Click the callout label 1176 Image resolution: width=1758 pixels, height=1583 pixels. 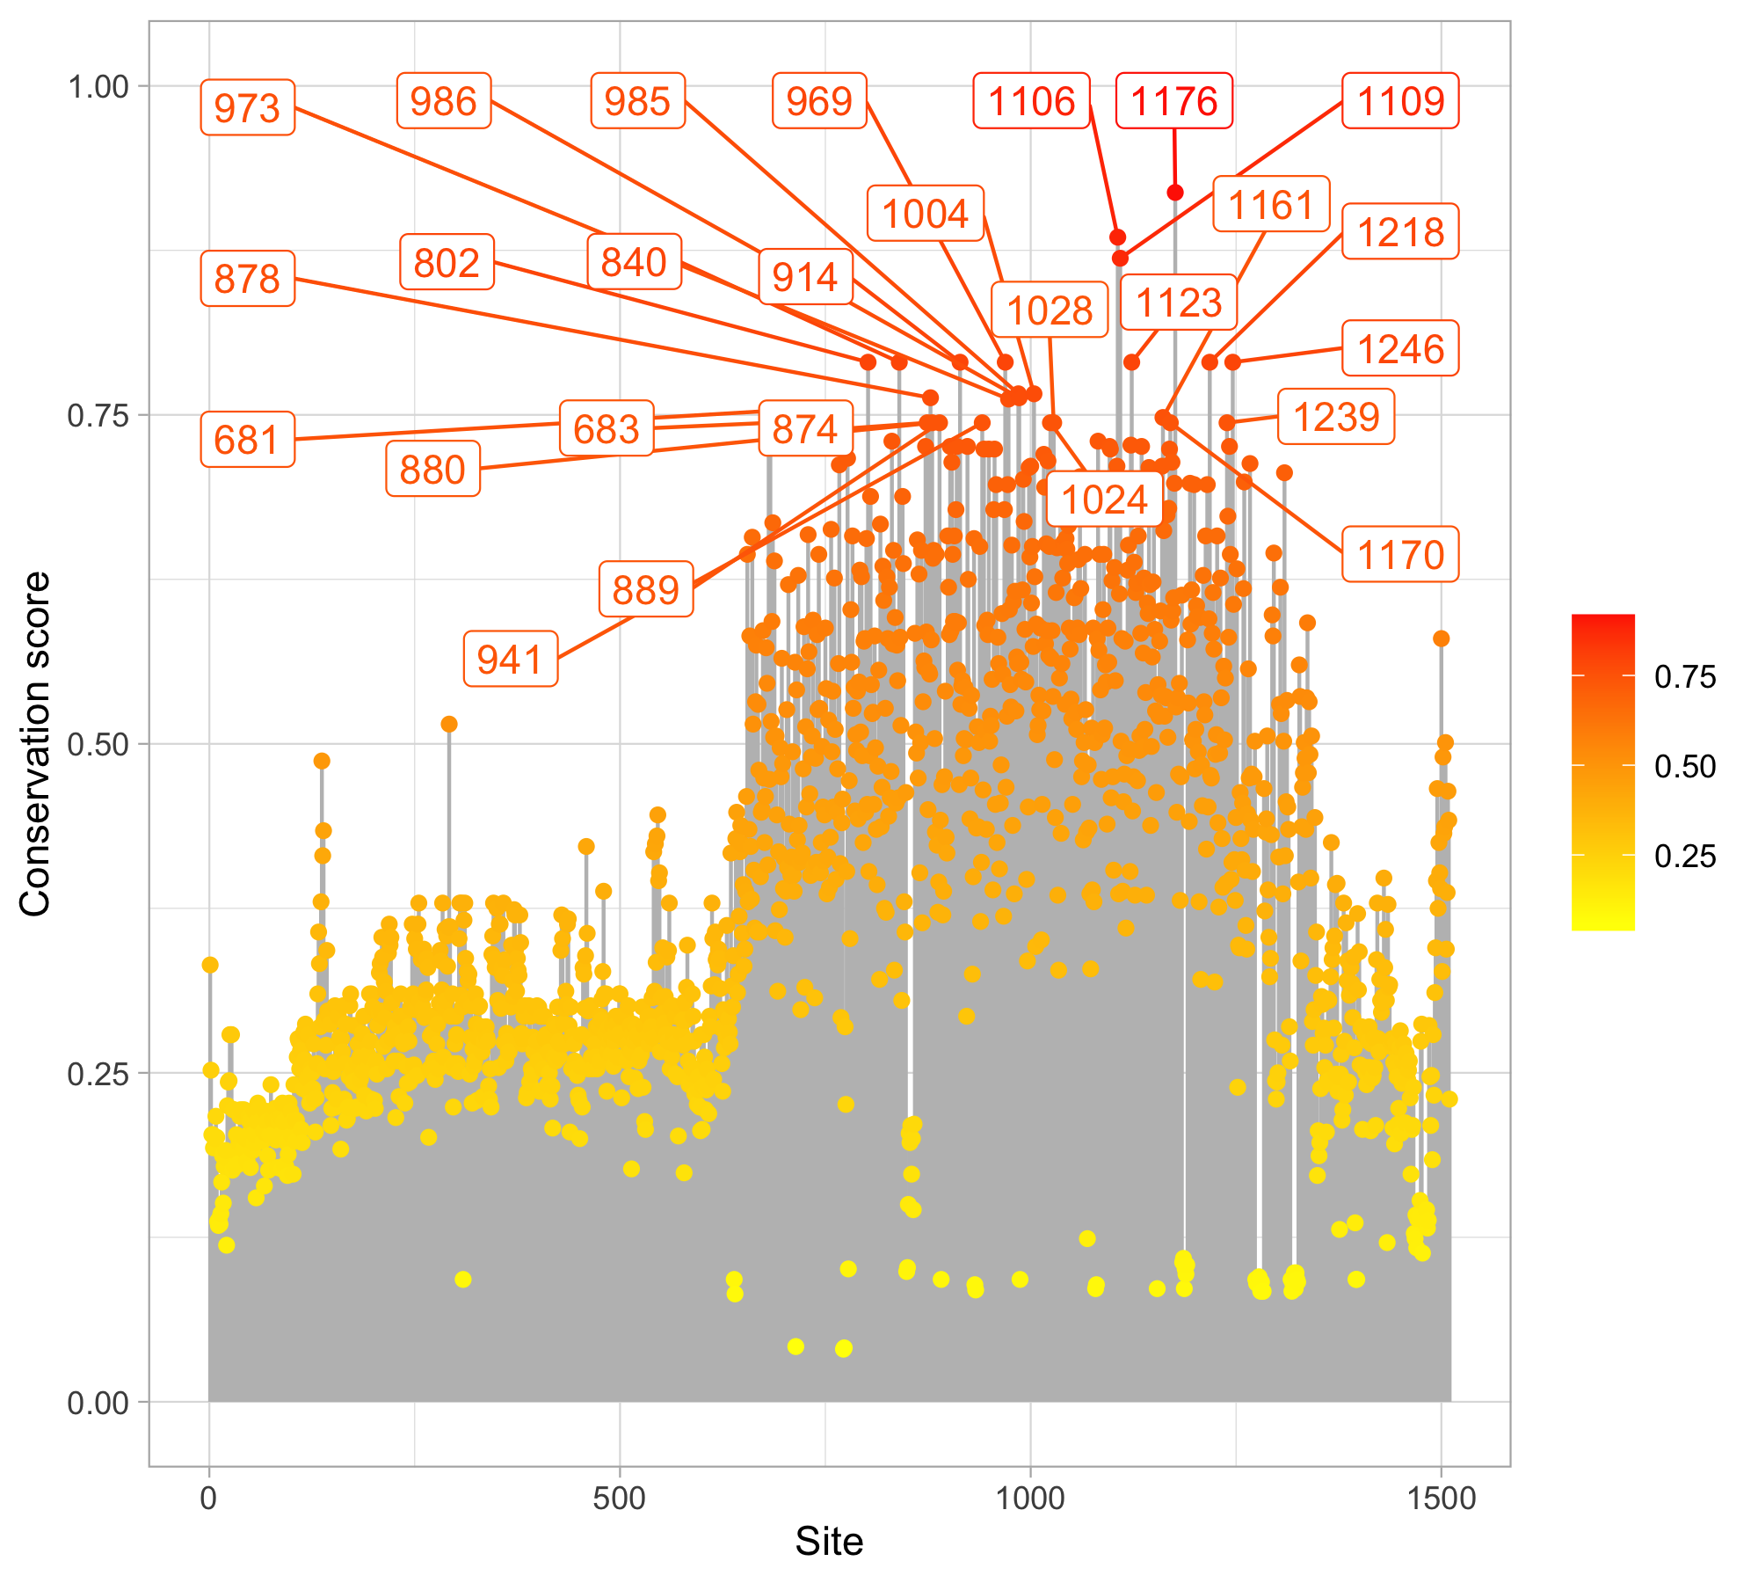coord(1173,101)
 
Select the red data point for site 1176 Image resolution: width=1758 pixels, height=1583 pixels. coord(1175,193)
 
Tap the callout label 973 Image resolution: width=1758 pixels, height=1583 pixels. coord(247,107)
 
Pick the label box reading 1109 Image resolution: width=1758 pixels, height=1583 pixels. coord(1400,101)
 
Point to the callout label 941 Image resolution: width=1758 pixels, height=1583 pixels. coord(510,659)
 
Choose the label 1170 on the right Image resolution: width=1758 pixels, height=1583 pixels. coord(1400,554)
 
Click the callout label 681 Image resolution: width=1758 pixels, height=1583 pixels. coord(247,439)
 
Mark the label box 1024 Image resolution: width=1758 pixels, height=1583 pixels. coord(1104,500)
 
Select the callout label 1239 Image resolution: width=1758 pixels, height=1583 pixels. coord(1335,416)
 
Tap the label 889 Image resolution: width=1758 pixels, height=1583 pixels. coord(646,589)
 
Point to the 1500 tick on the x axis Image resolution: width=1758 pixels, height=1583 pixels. coord(1441,1498)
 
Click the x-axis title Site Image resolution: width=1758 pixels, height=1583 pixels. coord(829,1542)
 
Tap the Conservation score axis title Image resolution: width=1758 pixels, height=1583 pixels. coord(35,743)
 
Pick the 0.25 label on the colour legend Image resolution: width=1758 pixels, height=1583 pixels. coord(1685,856)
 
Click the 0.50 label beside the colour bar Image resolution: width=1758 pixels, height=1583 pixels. coord(1685,766)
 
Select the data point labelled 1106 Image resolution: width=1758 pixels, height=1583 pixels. coord(1117,237)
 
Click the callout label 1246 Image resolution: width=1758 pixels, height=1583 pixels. coord(1400,348)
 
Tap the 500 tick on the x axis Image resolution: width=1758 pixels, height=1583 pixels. coord(619,1498)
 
